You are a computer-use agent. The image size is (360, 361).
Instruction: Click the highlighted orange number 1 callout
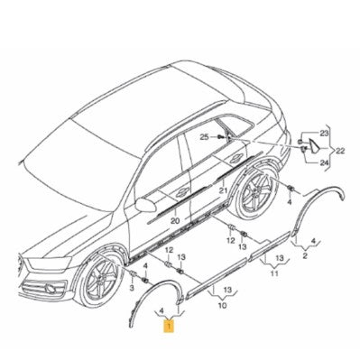(x=171, y=326)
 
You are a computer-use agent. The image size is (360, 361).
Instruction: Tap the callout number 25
(x=204, y=137)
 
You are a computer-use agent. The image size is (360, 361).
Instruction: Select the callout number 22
(x=340, y=151)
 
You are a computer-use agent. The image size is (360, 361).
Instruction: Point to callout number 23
(x=324, y=134)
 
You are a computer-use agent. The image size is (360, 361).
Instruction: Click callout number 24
(x=324, y=163)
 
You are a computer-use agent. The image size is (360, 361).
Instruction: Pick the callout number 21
(x=223, y=190)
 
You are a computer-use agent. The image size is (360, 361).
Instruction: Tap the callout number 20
(x=175, y=221)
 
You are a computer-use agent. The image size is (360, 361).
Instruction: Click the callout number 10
(x=222, y=306)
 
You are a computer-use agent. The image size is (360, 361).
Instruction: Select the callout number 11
(x=274, y=273)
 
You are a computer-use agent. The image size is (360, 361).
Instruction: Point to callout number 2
(x=305, y=256)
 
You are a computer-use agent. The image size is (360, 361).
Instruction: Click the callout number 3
(x=132, y=289)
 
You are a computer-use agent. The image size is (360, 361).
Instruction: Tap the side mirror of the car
(x=146, y=205)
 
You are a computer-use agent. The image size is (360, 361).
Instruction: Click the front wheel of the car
(x=100, y=278)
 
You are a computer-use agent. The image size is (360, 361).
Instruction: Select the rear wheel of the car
(x=255, y=192)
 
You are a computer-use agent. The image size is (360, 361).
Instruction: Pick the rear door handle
(x=236, y=158)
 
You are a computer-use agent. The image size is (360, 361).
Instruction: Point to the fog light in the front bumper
(x=51, y=289)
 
